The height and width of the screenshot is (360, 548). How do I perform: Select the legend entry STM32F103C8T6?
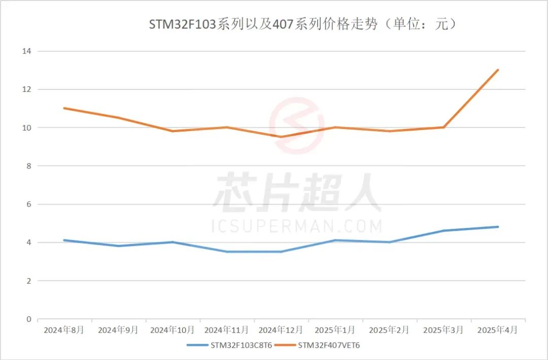coord(241,345)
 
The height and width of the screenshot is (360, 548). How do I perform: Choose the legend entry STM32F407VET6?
coord(329,345)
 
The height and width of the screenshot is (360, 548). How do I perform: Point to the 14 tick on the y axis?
coord(27,51)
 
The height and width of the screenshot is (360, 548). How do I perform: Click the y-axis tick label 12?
coord(27,89)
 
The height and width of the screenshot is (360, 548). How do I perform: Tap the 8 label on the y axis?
coord(29,166)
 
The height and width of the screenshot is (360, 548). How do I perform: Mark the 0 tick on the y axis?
coord(29,319)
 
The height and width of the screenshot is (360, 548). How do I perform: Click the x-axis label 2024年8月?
coord(64,330)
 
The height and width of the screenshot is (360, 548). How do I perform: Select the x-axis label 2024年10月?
coord(173,330)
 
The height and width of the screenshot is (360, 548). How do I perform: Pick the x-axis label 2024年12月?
coord(281,330)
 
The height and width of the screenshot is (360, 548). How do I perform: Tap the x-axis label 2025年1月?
coord(335,330)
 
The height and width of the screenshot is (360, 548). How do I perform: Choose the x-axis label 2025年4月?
coord(498,330)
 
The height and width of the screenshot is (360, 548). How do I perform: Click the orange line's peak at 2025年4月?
coord(498,70)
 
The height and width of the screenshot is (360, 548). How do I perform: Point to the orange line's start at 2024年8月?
coord(64,108)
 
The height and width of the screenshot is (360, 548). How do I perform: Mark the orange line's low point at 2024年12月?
coord(281,137)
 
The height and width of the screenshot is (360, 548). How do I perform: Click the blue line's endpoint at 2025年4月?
coord(498,227)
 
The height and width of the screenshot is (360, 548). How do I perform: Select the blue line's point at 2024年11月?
coord(227,252)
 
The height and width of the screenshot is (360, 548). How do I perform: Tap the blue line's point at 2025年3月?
coord(443,231)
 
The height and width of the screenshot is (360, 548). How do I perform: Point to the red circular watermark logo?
coord(296,125)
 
